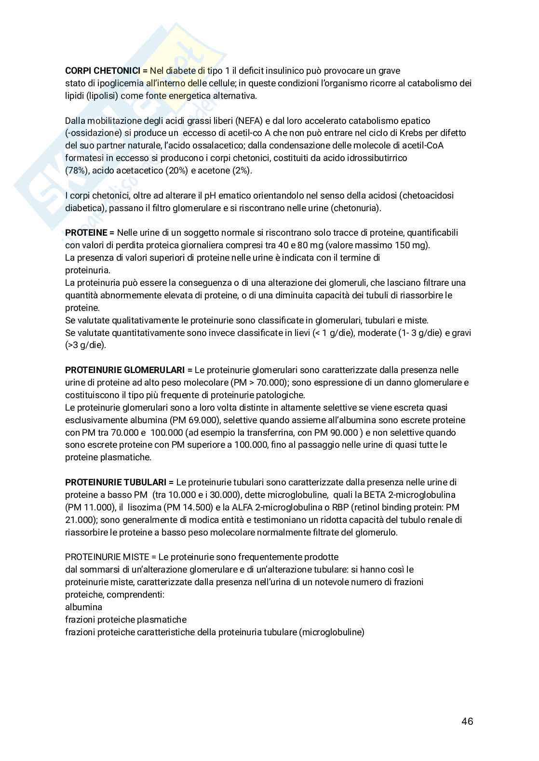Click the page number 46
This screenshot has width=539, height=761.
coord(467,721)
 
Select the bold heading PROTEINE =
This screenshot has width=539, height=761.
coord(90,233)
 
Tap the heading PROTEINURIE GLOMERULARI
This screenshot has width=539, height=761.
coord(125,370)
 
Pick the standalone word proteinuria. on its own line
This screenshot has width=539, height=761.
coord(88,270)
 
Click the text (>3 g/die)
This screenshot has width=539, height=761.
coord(85,346)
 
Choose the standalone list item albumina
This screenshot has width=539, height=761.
coord(83,607)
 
